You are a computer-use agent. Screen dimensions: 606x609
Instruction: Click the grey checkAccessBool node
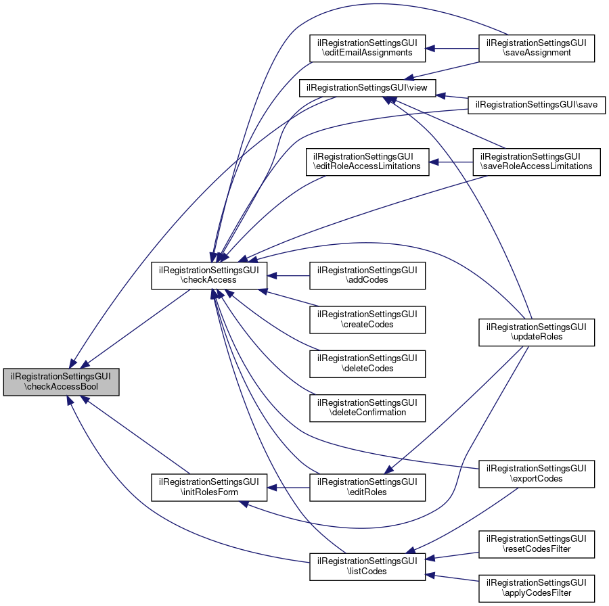pos(62,382)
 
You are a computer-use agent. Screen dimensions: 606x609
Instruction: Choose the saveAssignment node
pos(537,48)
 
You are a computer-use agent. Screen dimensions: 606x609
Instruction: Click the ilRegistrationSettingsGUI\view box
pos(368,87)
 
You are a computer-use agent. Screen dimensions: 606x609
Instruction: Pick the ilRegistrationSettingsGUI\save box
pos(537,105)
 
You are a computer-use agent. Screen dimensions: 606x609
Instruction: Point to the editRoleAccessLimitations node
pos(367,161)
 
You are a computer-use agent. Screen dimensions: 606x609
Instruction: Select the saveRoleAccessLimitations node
pos(537,161)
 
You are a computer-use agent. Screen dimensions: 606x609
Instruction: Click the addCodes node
pos(367,275)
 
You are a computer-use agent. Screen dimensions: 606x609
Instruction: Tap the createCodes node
pos(367,319)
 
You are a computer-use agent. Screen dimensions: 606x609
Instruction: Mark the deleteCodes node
pos(367,363)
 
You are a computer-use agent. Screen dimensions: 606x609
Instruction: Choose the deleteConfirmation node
pos(367,406)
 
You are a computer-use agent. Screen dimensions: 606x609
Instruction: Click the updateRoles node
pos(537,331)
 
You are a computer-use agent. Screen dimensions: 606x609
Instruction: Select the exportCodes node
pos(537,473)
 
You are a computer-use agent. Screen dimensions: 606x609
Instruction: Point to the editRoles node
pos(367,487)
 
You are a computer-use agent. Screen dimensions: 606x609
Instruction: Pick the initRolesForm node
pos(208,487)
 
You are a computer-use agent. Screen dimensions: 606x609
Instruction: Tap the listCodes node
pos(367,566)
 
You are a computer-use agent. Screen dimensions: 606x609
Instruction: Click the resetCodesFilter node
pos(537,544)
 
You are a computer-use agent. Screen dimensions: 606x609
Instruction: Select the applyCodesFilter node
pos(537,588)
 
